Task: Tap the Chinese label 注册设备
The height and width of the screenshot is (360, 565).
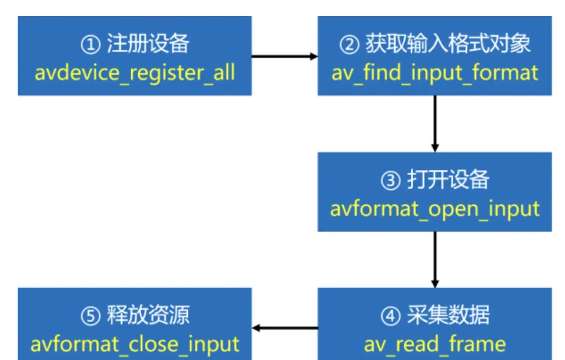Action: [148, 45]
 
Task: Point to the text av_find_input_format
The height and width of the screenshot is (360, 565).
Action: [435, 72]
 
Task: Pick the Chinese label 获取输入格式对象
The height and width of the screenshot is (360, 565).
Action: [448, 45]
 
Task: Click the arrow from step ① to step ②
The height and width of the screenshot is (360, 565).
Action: [284, 56]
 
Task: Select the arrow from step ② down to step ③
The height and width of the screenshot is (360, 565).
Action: [435, 124]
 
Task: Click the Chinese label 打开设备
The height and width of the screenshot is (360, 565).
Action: [448, 181]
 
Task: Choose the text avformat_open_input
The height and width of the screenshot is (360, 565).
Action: [435, 208]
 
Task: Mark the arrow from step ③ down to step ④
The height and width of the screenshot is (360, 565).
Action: [435, 259]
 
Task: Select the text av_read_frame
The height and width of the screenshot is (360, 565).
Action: [435, 344]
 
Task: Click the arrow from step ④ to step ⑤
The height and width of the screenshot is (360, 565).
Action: [285, 328]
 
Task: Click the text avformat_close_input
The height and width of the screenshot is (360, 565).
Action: [135, 344]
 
